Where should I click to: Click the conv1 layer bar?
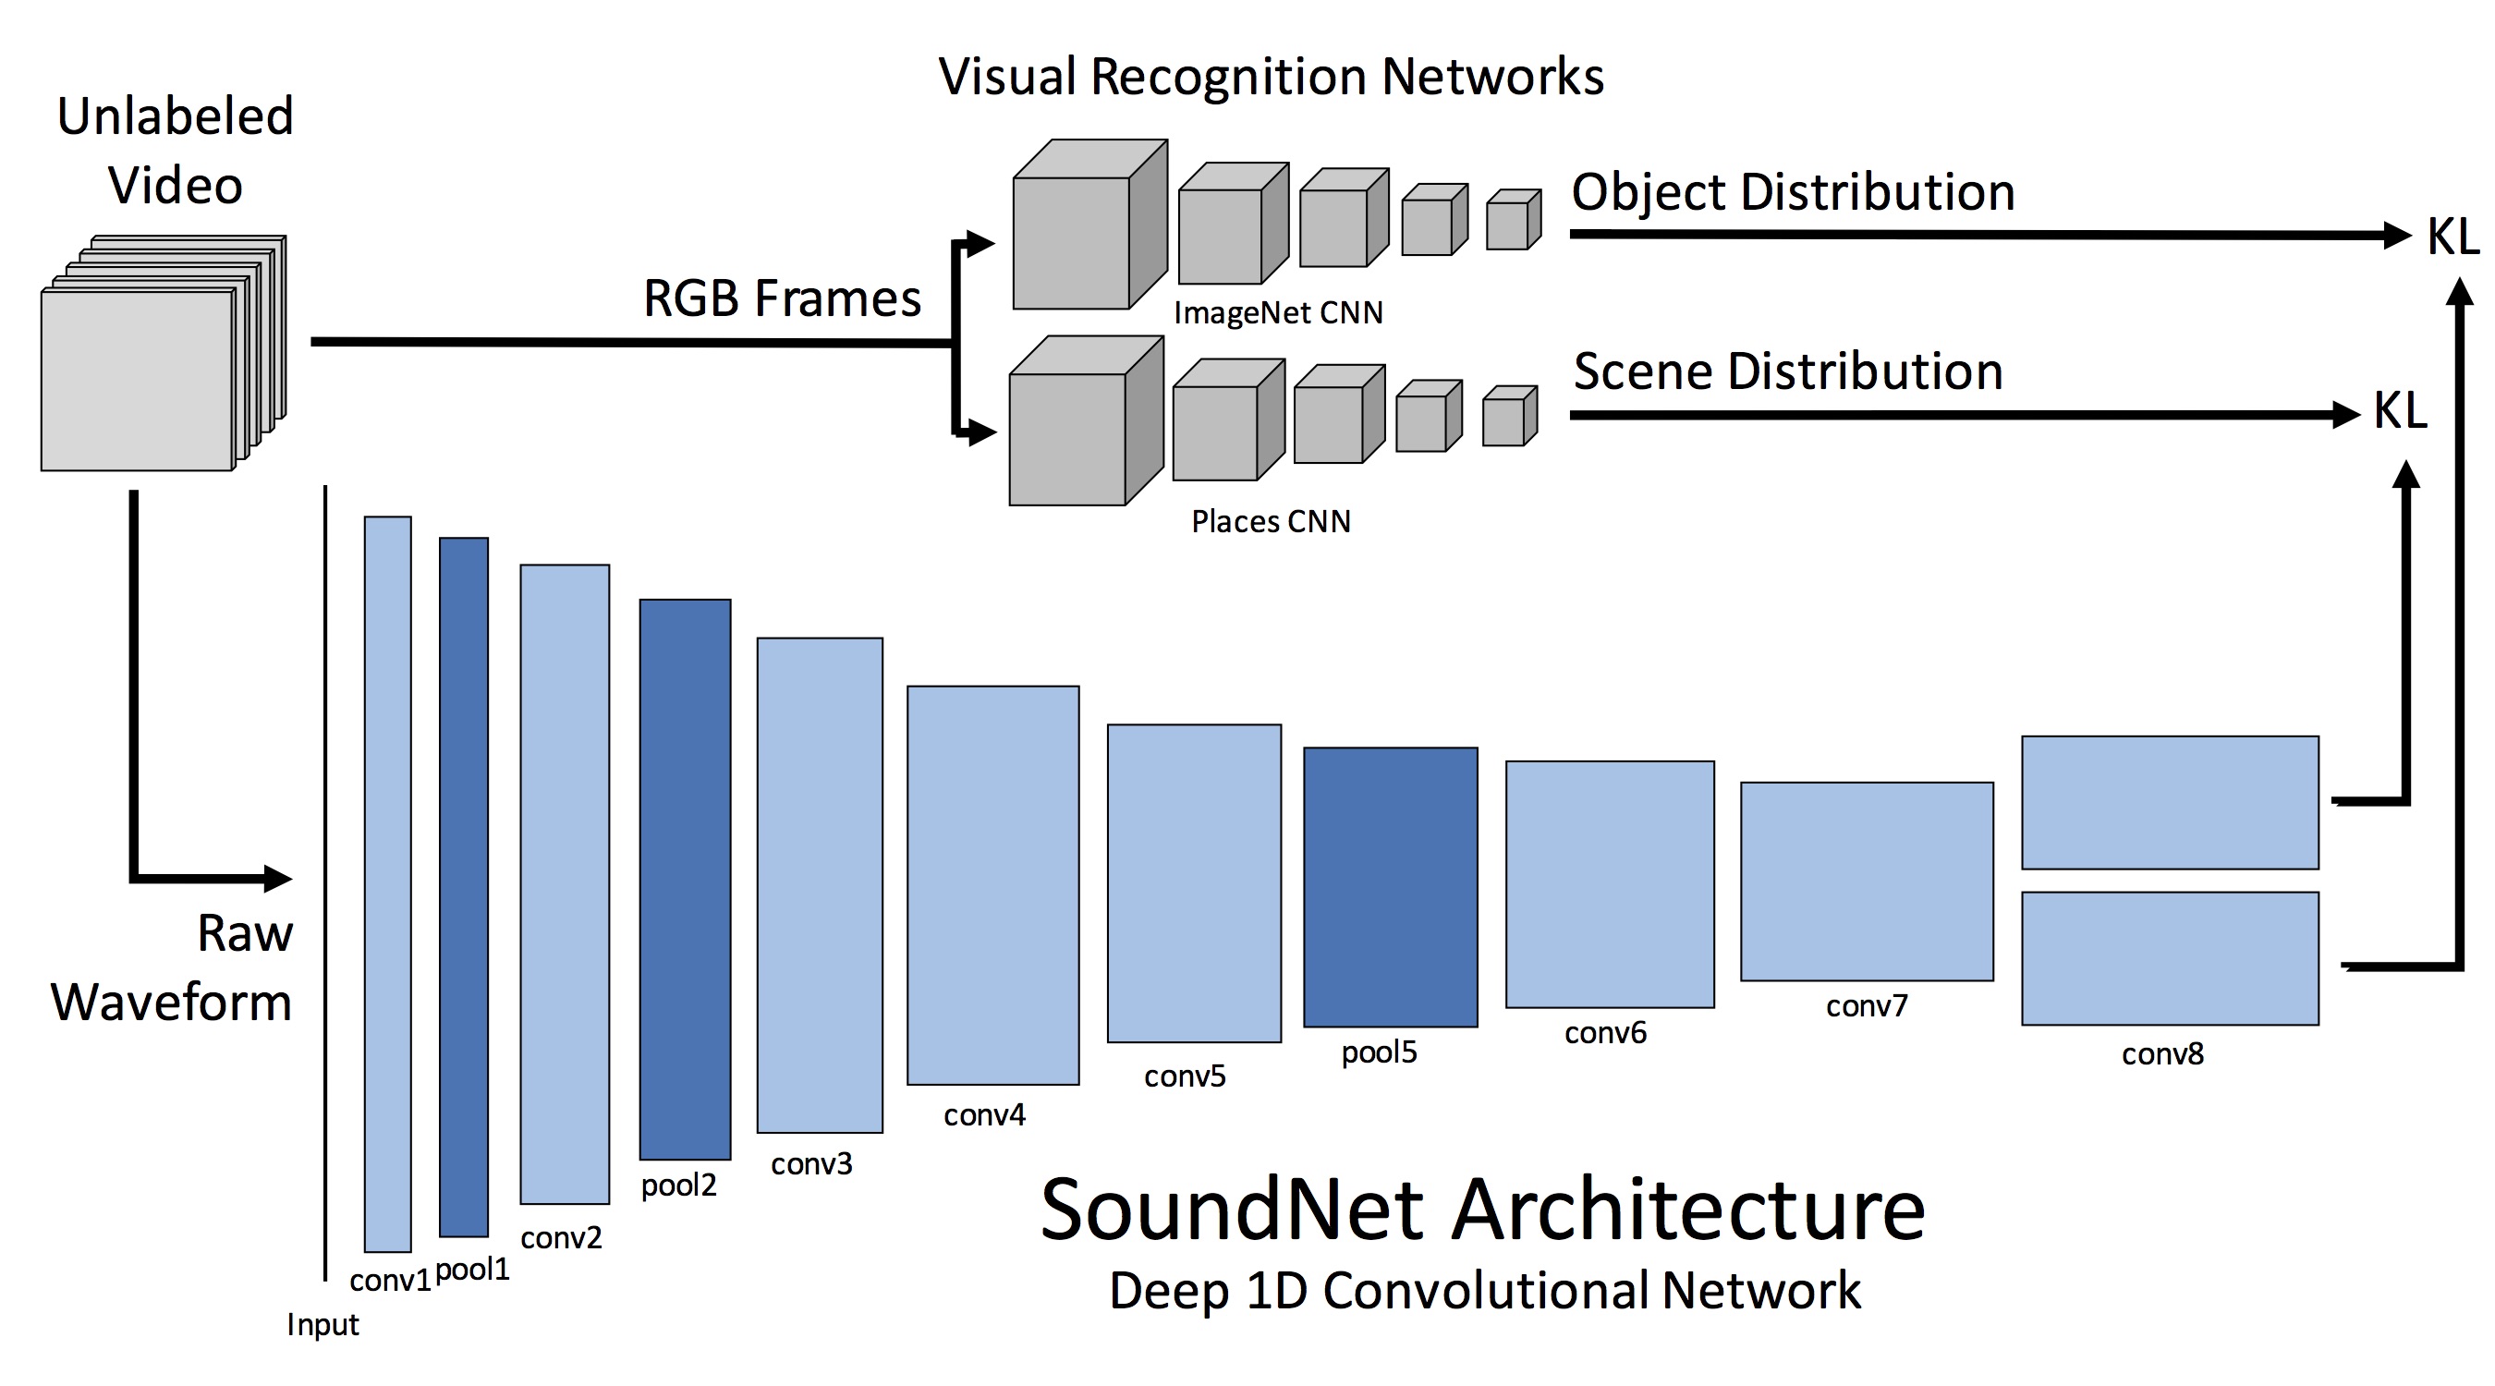(x=387, y=883)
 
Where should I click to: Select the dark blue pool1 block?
(x=464, y=886)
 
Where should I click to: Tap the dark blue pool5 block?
(x=1390, y=886)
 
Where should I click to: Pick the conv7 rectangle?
(x=1867, y=881)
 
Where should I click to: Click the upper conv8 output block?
(x=2170, y=802)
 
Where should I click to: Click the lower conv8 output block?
(x=2170, y=958)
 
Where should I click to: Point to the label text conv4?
(x=984, y=1114)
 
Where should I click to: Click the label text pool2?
(x=678, y=1185)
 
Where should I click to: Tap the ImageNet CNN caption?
(x=1277, y=313)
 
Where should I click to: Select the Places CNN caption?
(x=1271, y=521)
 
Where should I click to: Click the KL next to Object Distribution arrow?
(x=2452, y=237)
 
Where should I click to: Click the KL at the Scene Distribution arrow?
(x=2399, y=410)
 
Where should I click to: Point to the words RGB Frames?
(x=782, y=298)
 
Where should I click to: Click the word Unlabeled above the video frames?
(x=176, y=116)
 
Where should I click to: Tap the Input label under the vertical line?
(x=323, y=1324)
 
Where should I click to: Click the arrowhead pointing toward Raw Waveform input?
(x=277, y=879)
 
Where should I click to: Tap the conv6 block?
(x=1609, y=883)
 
